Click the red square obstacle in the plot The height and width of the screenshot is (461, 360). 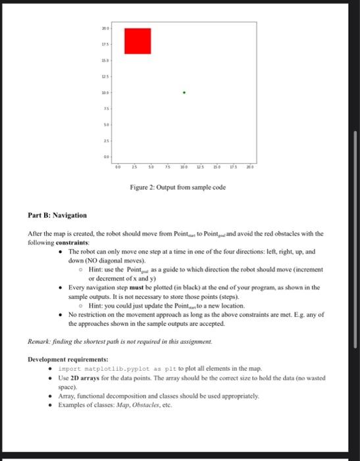tap(138, 41)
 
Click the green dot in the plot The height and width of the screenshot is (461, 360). tap(184, 93)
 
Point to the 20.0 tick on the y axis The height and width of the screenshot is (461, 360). tap(106, 29)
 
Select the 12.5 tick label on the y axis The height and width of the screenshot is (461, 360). tap(106, 77)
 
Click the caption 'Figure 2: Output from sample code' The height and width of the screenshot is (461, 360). tap(178, 188)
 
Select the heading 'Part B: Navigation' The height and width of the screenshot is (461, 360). tap(57, 215)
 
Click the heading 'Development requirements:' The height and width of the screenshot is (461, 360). tap(68, 359)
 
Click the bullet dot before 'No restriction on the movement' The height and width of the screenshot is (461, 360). tap(61, 315)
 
